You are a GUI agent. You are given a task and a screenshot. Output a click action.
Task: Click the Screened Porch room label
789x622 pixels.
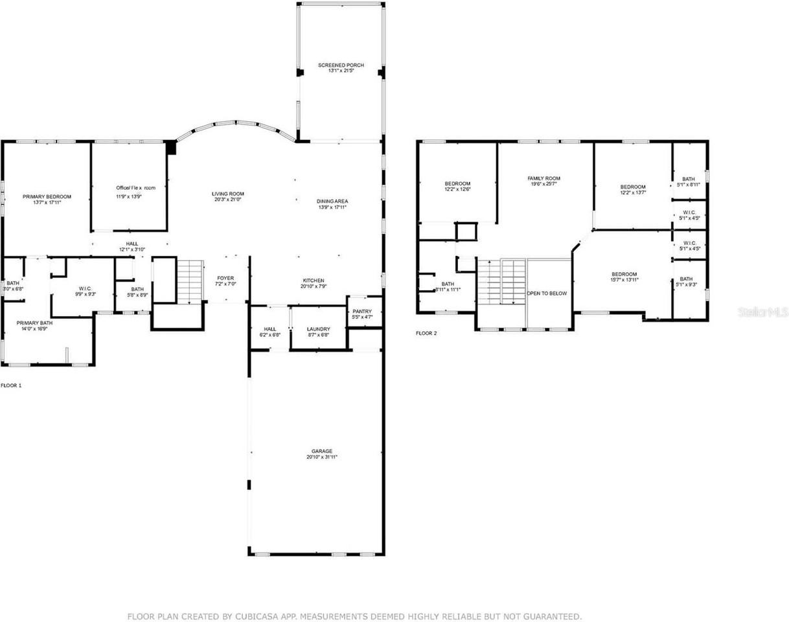pos(341,65)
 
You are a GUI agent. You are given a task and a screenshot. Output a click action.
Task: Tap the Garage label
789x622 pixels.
pos(322,451)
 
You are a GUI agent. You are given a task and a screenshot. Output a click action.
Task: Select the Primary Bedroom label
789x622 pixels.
pos(47,196)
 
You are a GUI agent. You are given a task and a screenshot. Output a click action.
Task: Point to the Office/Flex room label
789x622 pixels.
pos(135,188)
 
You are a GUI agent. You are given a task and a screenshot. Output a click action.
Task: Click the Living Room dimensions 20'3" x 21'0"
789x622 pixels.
pos(227,200)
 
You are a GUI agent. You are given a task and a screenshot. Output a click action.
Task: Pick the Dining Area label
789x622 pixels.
pos(332,202)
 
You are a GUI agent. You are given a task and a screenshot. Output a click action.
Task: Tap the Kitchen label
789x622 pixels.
pos(313,281)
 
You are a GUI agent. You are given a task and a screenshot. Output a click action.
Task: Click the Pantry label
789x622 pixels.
pos(362,311)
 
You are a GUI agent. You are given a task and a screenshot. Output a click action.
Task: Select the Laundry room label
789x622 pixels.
pos(318,329)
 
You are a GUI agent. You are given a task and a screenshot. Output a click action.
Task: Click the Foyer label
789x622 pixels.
pos(225,278)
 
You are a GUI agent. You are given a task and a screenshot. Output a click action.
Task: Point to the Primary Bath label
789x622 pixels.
pos(35,323)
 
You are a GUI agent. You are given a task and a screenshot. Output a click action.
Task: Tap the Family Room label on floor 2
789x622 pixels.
pos(543,178)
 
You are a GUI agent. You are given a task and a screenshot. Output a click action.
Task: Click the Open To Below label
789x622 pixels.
pos(548,294)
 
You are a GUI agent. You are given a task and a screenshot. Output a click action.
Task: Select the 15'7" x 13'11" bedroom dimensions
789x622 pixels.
pos(624,280)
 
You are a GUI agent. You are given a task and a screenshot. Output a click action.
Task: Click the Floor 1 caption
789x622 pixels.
pos(11,386)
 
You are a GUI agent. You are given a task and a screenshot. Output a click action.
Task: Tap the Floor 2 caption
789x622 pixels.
pos(426,334)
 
